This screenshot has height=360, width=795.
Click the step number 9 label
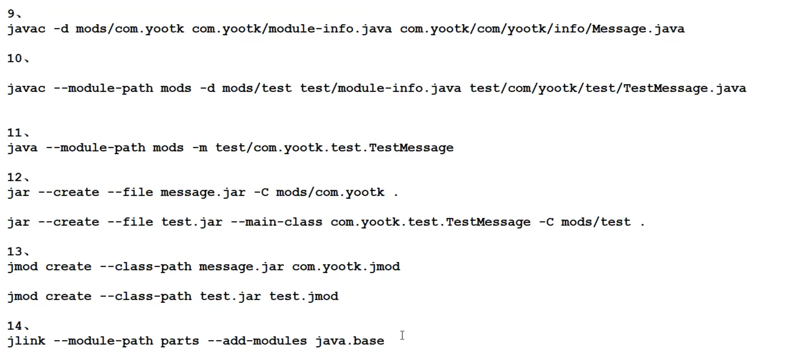pyautogui.click(x=12, y=14)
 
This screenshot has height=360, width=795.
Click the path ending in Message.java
pyautogui.click(x=542, y=29)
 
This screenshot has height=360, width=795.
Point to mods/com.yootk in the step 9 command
pyautogui.click(x=130, y=29)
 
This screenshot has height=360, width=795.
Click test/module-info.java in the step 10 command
pyautogui.click(x=380, y=88)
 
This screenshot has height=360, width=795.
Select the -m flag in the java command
pyautogui.click(x=200, y=148)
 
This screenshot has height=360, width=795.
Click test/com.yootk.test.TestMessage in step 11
pyautogui.click(x=334, y=148)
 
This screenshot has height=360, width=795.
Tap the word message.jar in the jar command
pyautogui.click(x=203, y=192)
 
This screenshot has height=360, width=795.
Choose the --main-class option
pyautogui.click(x=276, y=222)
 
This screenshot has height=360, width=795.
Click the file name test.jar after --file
pyautogui.click(x=192, y=222)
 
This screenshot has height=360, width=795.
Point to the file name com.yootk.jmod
pyautogui.click(x=346, y=267)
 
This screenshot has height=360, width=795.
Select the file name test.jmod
pyautogui.click(x=304, y=296)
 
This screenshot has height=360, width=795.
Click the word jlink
pyautogui.click(x=26, y=341)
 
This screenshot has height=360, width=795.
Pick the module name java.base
pyautogui.click(x=350, y=341)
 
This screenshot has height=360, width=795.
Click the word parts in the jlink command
pyautogui.click(x=180, y=341)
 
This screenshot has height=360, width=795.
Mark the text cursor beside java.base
pyautogui.click(x=402, y=336)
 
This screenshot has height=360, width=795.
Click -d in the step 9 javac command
pyautogui.click(x=61, y=29)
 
